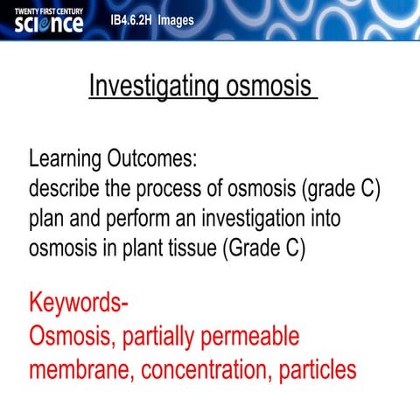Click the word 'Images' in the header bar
[x=177, y=20]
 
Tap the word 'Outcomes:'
[x=157, y=160]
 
